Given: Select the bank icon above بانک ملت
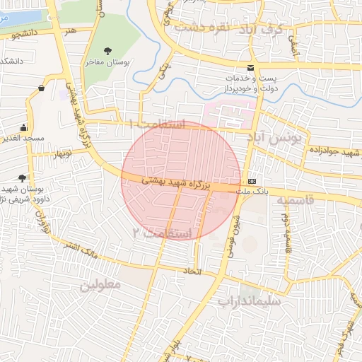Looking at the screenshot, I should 252,179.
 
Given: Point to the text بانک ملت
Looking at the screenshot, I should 252,190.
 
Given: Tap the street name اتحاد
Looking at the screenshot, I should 192,271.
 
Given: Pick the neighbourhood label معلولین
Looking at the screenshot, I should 100,285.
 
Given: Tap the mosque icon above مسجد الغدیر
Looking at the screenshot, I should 24,128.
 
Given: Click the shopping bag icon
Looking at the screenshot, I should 42,88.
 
